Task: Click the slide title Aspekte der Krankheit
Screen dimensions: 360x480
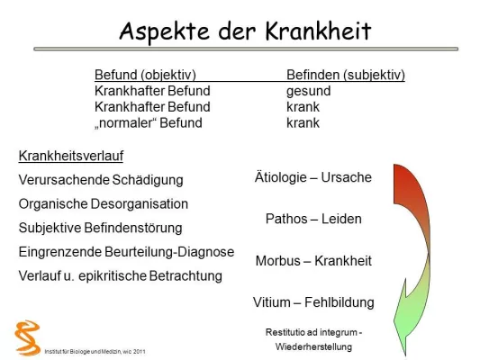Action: point(245,31)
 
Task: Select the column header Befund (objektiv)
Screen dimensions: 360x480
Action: point(145,75)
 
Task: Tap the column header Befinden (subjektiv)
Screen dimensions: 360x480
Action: point(345,75)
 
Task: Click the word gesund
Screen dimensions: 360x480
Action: point(308,91)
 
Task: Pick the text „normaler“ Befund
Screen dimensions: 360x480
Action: point(149,122)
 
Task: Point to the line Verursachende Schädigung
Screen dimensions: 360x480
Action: point(101,180)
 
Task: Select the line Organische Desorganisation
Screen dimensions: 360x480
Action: point(104,203)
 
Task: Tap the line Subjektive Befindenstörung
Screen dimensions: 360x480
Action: point(100,228)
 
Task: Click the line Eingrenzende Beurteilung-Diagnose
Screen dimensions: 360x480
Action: point(126,252)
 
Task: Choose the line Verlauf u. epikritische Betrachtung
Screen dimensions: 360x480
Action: point(120,276)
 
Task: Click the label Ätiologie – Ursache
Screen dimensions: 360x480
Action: point(313,177)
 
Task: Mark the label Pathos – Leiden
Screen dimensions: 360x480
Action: point(313,219)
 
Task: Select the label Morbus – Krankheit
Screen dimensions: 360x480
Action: point(313,260)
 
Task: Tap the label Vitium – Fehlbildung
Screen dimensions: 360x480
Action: point(313,301)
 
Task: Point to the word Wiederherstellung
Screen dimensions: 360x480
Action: point(313,346)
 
